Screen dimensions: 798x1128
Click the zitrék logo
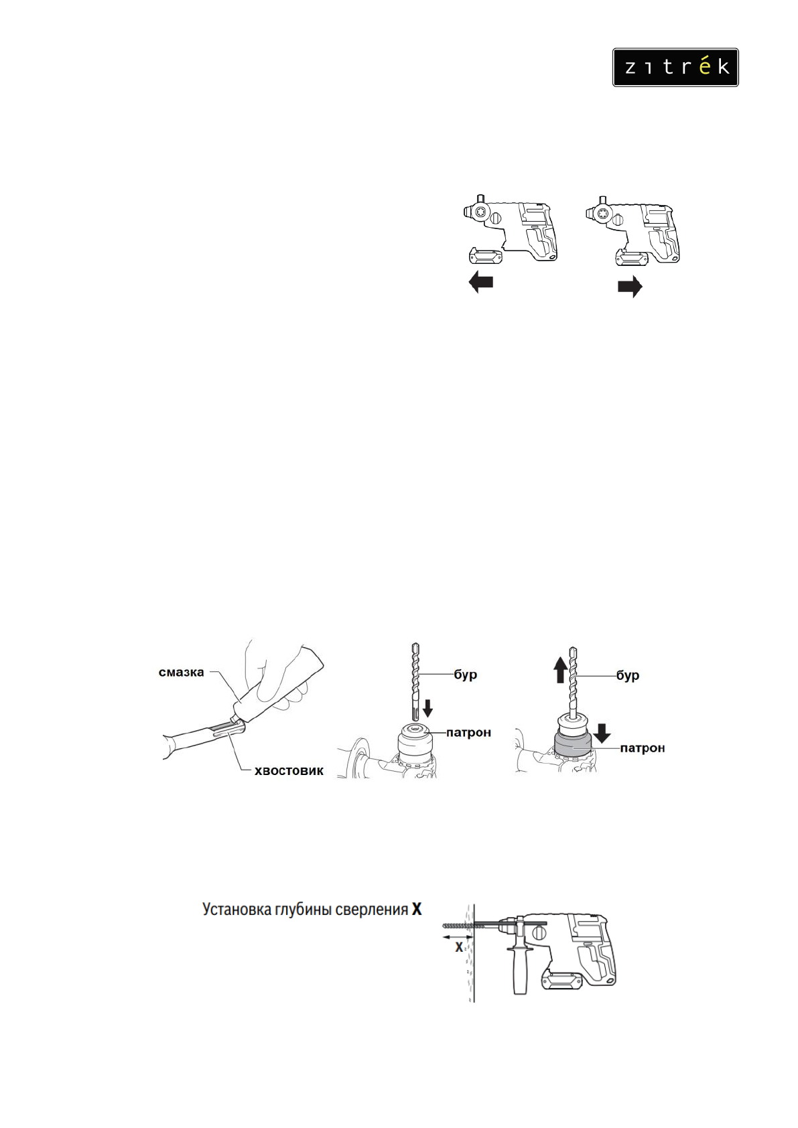[x=675, y=67]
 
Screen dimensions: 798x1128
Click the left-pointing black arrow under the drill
[x=480, y=282]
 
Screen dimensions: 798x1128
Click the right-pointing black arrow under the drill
[x=630, y=287]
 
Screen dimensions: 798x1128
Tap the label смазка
[x=181, y=673]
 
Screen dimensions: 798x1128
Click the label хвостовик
[x=289, y=771]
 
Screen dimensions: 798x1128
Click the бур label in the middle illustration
[x=465, y=675]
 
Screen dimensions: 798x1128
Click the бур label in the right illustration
[x=628, y=675]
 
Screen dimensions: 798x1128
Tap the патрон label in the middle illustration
[x=468, y=733]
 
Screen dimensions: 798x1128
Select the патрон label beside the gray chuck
[x=642, y=748]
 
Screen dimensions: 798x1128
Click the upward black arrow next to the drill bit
[x=560, y=670]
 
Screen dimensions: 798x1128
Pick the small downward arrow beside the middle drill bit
[x=428, y=707]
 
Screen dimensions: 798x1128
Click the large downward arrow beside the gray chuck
[x=602, y=733]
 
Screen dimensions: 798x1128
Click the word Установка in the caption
[x=237, y=910]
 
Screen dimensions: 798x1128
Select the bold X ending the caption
[x=417, y=910]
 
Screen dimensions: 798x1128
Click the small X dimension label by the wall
[x=459, y=947]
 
